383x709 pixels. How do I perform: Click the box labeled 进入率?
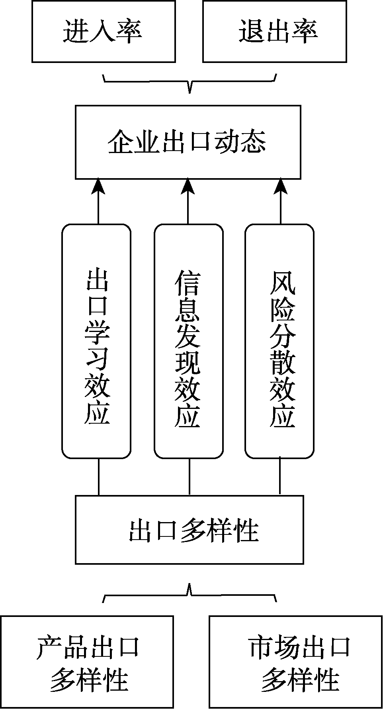(104, 31)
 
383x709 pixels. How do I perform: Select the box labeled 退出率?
(274, 31)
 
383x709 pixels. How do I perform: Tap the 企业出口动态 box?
(188, 142)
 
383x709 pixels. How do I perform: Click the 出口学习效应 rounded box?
(96, 341)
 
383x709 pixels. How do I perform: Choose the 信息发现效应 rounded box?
(188, 341)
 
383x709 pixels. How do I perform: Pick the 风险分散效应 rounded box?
(279, 341)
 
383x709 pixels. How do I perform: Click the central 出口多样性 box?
(190, 530)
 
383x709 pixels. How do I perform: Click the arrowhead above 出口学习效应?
(98, 187)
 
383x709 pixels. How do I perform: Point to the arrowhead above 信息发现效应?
(188, 187)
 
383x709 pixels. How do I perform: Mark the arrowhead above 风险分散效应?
(281, 187)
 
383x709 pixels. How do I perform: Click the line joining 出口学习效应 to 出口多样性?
(99, 477)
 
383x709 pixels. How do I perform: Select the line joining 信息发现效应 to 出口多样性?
(189, 477)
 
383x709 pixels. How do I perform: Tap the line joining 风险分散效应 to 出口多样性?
(279, 477)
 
